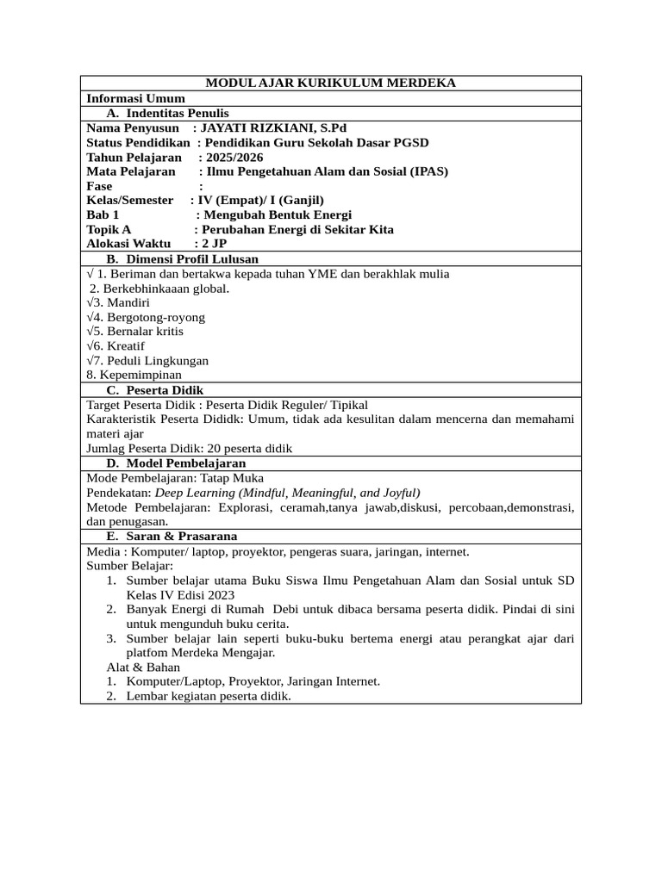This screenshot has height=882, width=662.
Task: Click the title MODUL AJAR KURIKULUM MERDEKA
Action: (x=331, y=84)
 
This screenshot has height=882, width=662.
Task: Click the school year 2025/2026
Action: (x=230, y=158)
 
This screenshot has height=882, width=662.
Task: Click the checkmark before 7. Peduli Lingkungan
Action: (x=90, y=360)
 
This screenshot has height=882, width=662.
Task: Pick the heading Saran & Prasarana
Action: (x=182, y=537)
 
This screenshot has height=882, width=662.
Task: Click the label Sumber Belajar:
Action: (x=130, y=565)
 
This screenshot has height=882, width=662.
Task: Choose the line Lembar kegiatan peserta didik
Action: (x=209, y=696)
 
